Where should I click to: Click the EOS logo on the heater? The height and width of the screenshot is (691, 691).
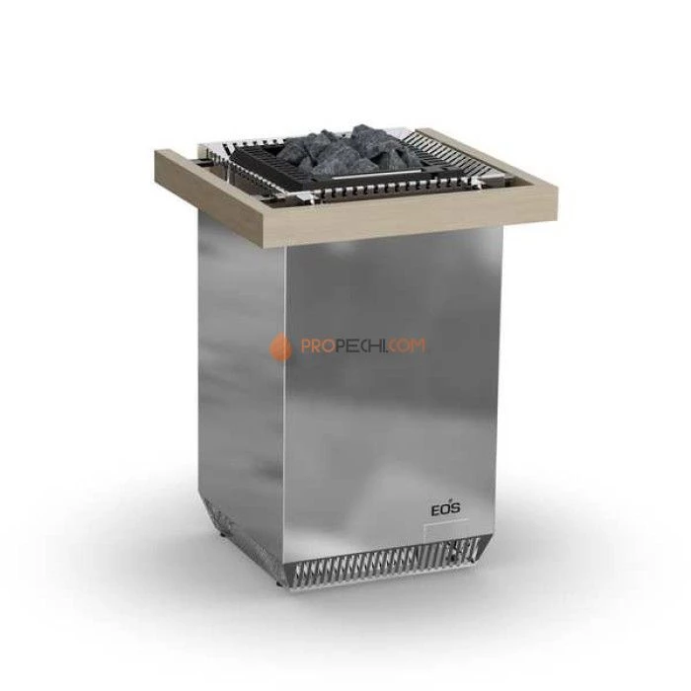click(445, 508)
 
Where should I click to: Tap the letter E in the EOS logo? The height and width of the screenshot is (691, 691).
click(434, 510)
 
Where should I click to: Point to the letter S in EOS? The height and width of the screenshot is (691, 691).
click(455, 508)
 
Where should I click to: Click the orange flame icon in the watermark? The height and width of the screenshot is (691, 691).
click(280, 346)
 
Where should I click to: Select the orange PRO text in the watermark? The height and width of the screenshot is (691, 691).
click(316, 346)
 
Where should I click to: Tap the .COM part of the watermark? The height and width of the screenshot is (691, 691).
click(407, 345)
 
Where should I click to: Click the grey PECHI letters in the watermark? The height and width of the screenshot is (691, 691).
click(358, 345)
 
